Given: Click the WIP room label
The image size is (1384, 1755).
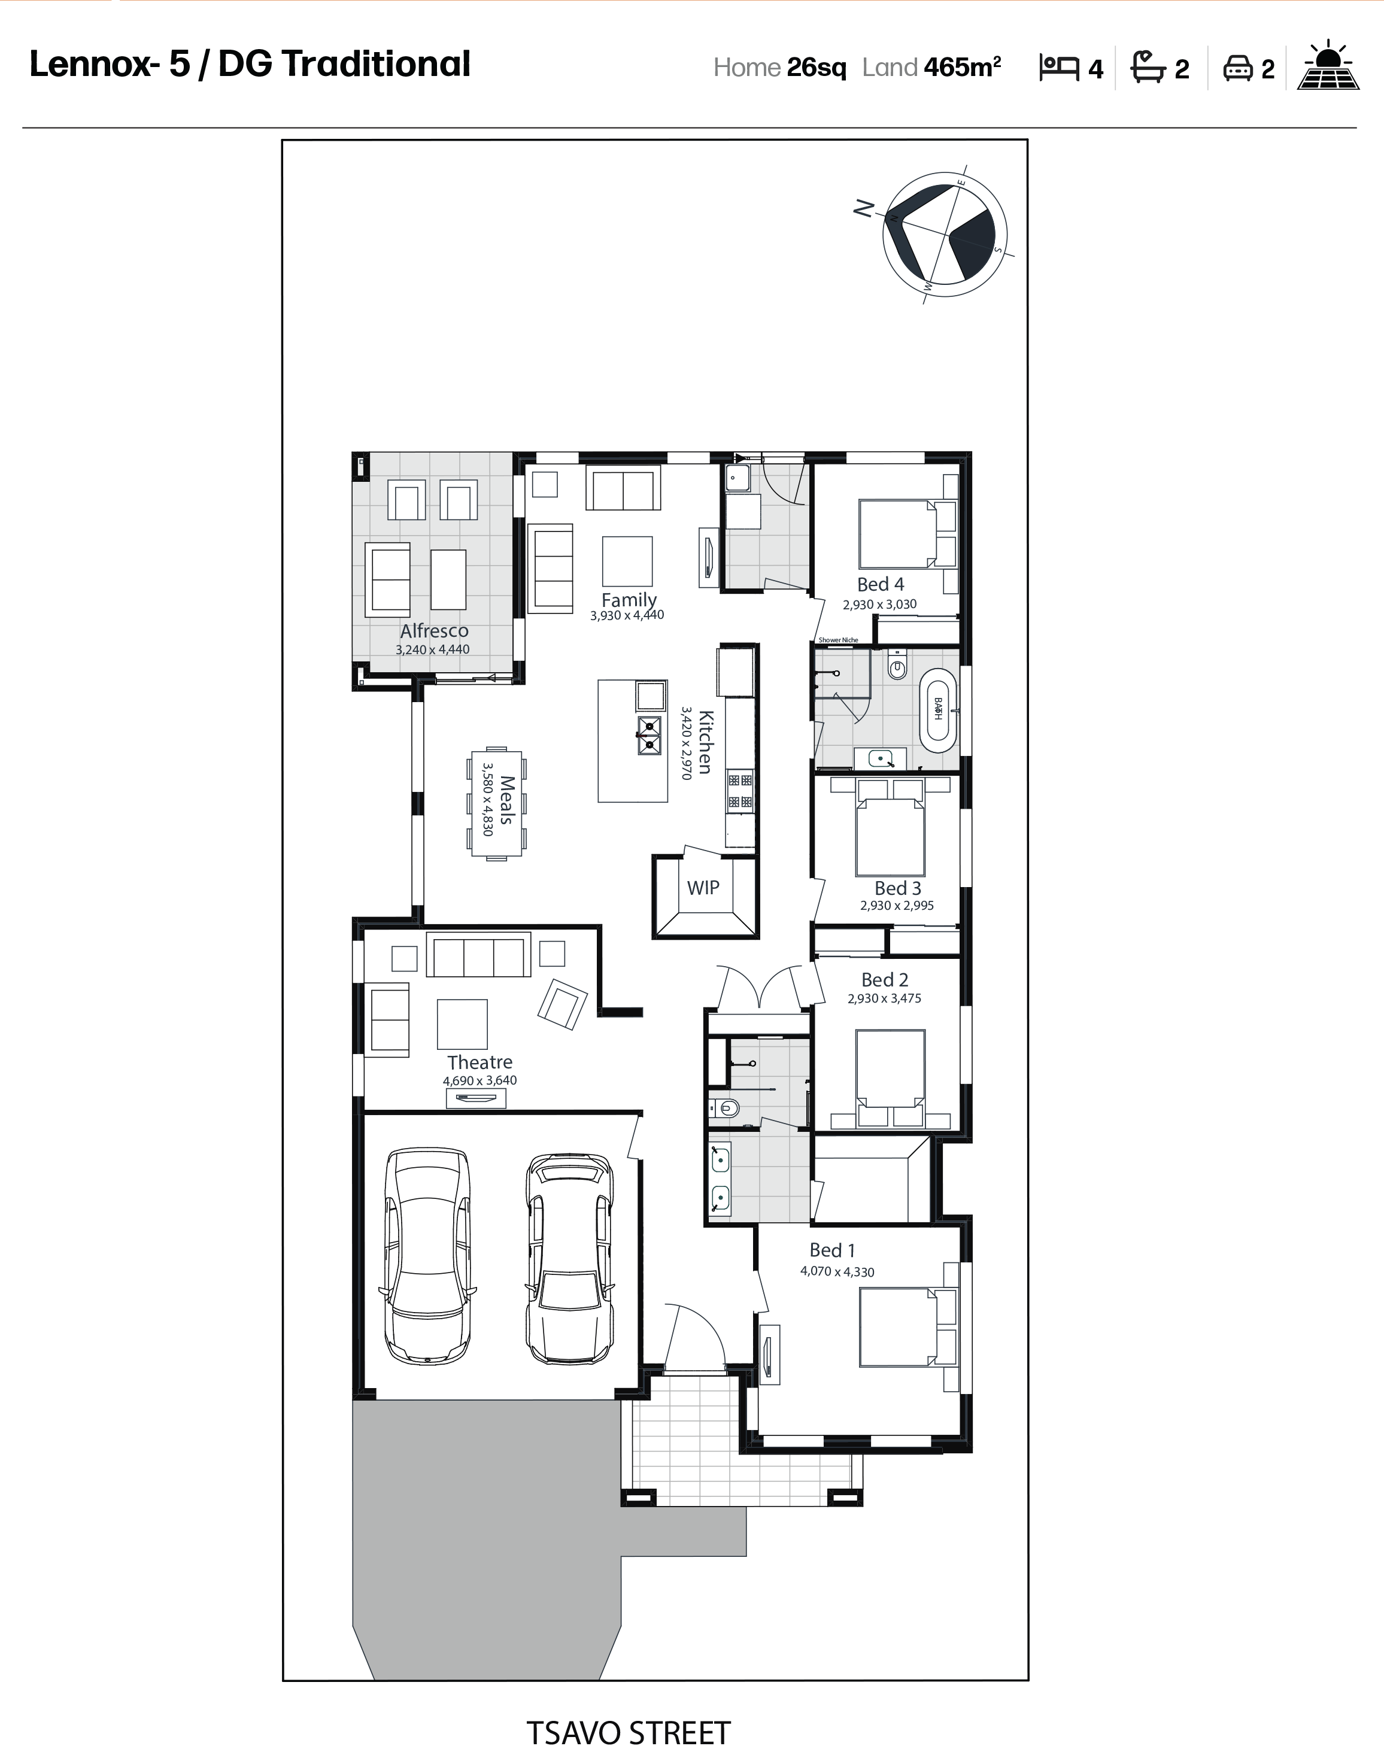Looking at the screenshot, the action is click(x=703, y=888).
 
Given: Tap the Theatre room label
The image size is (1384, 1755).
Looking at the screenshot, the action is click(x=479, y=1062).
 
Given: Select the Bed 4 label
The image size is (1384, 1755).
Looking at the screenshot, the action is click(x=880, y=584).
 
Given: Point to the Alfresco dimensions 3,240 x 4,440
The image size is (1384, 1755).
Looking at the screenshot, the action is click(x=433, y=650).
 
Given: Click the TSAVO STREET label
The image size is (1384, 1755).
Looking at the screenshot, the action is click(x=629, y=1734).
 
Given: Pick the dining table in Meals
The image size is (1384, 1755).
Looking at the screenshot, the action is click(x=496, y=803).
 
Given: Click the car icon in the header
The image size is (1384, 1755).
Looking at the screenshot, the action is click(x=1237, y=68).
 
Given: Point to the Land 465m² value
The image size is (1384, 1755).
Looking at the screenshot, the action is click(x=932, y=67).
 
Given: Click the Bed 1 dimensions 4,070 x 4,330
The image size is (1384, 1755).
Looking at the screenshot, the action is click(x=837, y=1271).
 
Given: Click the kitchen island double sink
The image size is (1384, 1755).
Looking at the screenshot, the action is click(x=649, y=736).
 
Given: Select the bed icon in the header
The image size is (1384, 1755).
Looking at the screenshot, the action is click(x=1059, y=68).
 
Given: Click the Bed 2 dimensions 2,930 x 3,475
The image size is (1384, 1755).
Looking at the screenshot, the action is click(x=884, y=998).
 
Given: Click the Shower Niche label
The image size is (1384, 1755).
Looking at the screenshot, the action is click(x=838, y=640).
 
